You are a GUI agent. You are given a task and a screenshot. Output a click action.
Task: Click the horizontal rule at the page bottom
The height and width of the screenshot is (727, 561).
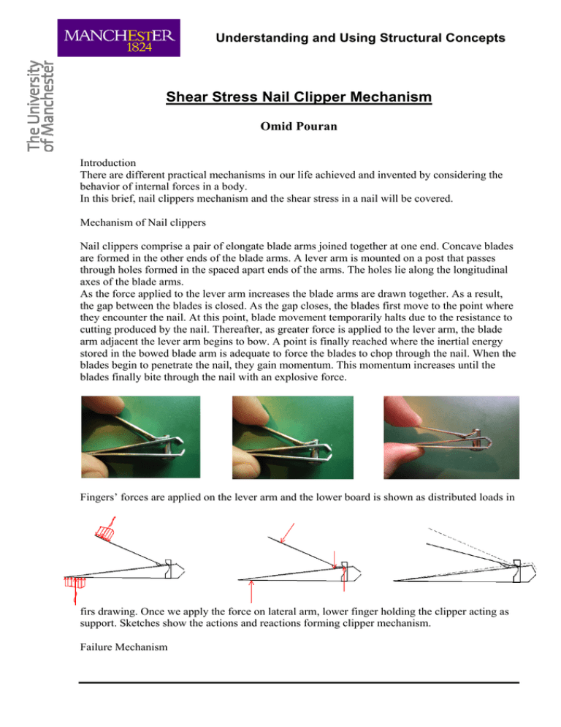(x=299, y=682)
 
